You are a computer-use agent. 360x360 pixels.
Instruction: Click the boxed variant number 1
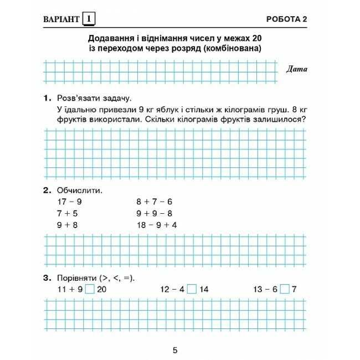coord(89,20)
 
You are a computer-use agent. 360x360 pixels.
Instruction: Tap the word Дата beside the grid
coord(297,69)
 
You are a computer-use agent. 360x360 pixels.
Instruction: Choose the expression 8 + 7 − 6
coord(155,202)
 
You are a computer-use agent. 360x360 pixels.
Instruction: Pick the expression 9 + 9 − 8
coord(155,213)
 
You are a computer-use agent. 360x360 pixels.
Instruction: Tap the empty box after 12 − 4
coord(191,289)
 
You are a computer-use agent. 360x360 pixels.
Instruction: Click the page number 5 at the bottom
coord(175,349)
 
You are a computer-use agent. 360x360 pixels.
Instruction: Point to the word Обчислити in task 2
coord(79,190)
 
